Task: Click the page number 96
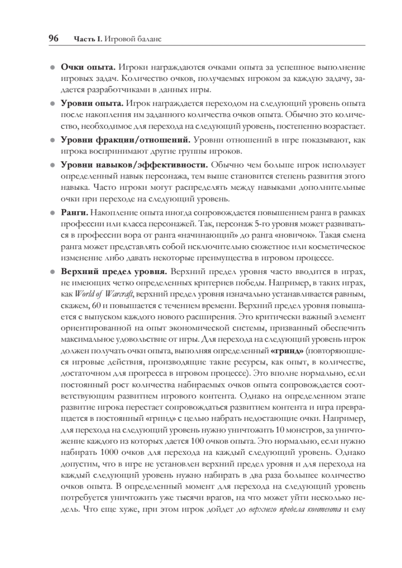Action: click(53, 39)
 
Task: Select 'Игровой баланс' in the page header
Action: click(132, 39)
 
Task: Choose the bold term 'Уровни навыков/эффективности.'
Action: click(134, 165)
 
